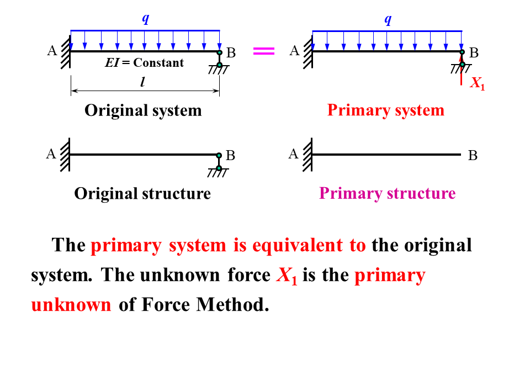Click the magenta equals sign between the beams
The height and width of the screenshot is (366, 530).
coord(263,51)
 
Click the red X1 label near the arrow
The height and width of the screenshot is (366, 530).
coord(477,84)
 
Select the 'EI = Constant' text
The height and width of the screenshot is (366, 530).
coord(145,62)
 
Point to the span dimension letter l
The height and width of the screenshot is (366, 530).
coord(142,83)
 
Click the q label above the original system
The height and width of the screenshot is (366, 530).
coord(145,18)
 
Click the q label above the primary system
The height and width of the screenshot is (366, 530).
coord(388,19)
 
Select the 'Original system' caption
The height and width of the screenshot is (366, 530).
coord(143,110)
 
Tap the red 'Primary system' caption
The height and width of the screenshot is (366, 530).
coord(385,110)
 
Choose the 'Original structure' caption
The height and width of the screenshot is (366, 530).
coord(142,194)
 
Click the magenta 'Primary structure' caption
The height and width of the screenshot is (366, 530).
coord(387,194)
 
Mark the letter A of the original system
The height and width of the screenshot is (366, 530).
coord(52,51)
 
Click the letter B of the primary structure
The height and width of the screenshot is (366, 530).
coord(473,156)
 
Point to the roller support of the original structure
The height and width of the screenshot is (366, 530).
coord(219,165)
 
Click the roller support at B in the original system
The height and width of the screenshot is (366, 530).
coord(219,62)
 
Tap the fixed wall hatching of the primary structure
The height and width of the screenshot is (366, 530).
coord(308,154)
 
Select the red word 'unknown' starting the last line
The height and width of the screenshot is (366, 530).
coord(71,305)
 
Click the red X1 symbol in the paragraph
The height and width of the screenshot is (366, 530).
coord(287,275)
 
